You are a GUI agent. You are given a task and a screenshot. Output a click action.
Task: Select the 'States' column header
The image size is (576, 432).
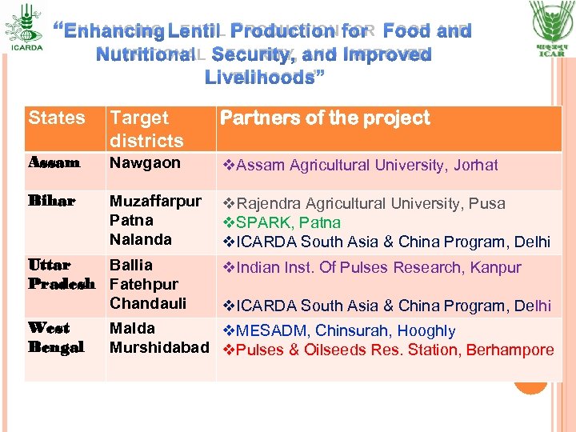[56, 118]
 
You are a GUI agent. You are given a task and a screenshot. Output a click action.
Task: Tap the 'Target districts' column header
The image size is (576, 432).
[146, 129]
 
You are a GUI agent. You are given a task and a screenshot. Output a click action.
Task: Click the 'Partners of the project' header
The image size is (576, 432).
[325, 118]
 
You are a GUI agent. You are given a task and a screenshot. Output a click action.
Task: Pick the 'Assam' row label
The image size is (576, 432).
[54, 163]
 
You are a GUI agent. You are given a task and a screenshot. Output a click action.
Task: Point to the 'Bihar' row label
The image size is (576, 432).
[51, 201]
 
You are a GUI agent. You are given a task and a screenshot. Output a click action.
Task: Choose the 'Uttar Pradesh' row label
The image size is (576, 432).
[61, 274]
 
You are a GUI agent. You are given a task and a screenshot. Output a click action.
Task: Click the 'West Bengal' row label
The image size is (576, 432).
[49, 338]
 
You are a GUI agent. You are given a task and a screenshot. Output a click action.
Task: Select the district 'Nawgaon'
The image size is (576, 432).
[145, 163]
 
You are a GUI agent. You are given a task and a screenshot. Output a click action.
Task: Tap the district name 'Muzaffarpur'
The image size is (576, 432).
[155, 201]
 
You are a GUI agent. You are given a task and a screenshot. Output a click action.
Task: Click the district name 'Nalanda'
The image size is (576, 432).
[140, 239]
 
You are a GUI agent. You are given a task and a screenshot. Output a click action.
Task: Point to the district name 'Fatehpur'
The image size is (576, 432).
[143, 284]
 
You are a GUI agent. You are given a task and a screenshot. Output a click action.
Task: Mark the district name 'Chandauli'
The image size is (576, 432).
[148, 303]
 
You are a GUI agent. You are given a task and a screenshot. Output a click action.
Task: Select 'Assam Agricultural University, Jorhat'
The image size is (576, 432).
[360, 166]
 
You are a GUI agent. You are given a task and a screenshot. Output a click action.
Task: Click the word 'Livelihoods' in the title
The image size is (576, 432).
[260, 78]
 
